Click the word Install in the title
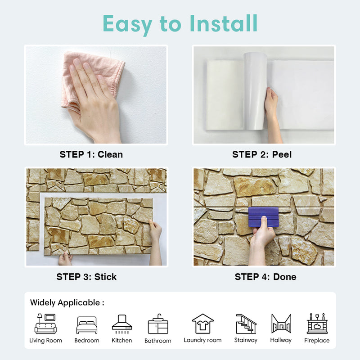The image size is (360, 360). point(223,23)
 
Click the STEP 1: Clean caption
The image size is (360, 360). point(91,154)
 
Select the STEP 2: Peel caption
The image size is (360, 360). point(262,154)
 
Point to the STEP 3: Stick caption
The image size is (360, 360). point(86,277)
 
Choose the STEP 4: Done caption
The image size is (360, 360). point(265,277)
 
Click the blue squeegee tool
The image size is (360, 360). point(263,217)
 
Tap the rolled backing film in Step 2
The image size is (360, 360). point(255,91)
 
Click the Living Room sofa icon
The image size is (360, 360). point(45,324)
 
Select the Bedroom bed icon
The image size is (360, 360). point(87,325)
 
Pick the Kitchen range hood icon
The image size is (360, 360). point(122,324)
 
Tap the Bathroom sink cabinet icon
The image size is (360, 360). point(158,324)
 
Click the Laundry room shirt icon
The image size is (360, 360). point(203,324)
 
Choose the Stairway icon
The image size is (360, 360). point(246,324)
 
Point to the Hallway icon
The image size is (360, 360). point(281,324)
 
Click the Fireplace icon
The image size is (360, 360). point(317,324)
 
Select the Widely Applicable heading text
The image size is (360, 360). point(67,303)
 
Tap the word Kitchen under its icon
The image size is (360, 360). point(121,340)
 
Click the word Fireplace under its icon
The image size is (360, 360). point(317,340)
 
